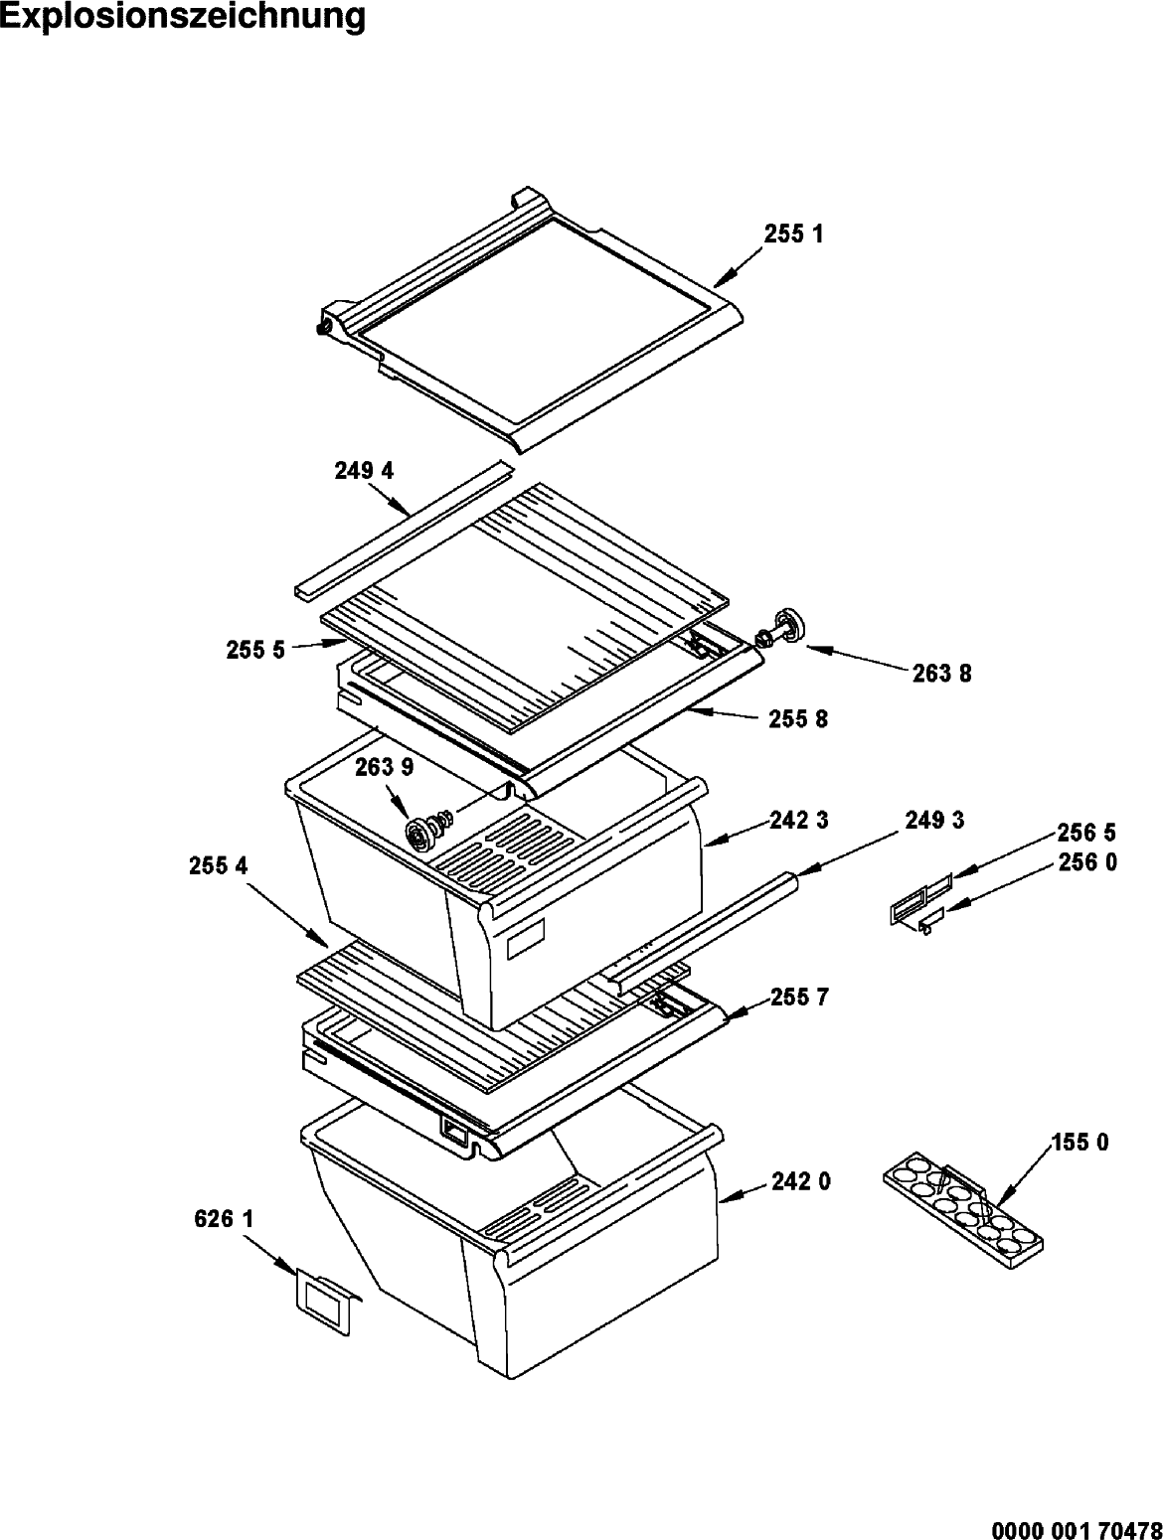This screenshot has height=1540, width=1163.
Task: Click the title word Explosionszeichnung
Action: pos(183,17)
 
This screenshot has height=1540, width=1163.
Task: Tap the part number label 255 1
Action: pos(794,233)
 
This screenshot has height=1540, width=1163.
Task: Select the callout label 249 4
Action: pos(364,471)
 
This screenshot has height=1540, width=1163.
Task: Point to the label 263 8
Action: pos(942,674)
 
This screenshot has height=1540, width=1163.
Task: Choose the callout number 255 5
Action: pos(255,651)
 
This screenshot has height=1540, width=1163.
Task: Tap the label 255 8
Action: pos(798,719)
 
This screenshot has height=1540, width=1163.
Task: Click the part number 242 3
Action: pos(799,820)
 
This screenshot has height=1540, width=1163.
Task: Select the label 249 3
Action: pos(935,820)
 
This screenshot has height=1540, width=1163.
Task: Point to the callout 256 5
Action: pos(1086,833)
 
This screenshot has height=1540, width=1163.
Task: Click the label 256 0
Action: pos(1087,862)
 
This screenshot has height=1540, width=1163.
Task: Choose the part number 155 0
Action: pos(1080,1143)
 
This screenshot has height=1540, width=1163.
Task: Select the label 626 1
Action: pos(224,1219)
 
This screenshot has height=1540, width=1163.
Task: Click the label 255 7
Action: pos(799,997)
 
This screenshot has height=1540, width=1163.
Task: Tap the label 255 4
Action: pos(219,866)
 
